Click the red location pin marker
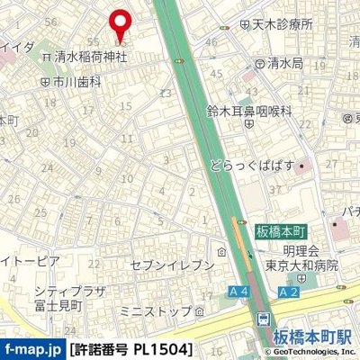[x=120, y=22]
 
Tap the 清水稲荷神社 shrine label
[x=90, y=56]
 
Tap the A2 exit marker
[x=289, y=292]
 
